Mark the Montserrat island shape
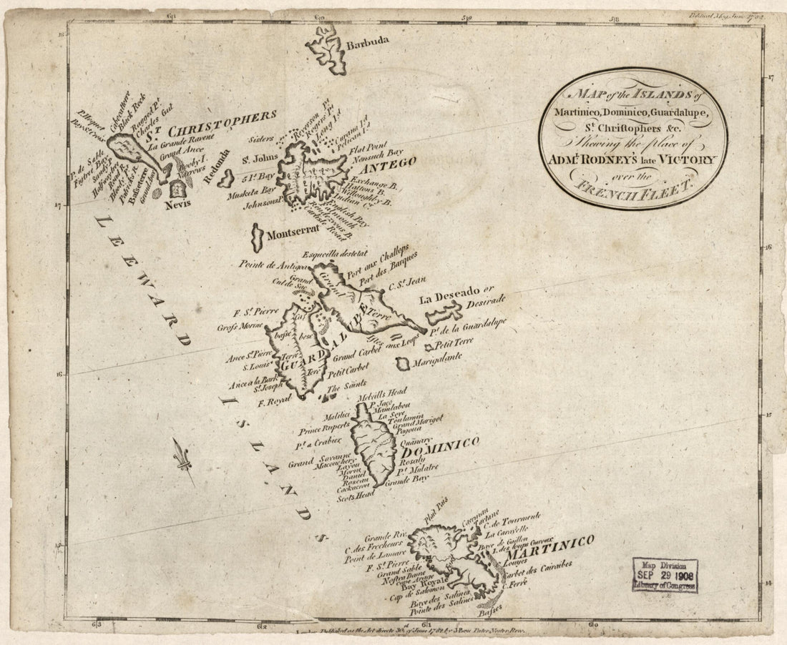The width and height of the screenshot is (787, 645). point(257,235)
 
